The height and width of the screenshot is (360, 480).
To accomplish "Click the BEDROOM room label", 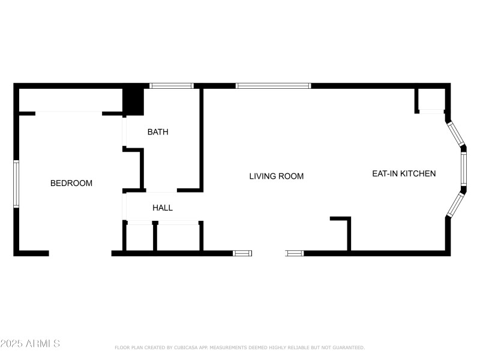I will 71,183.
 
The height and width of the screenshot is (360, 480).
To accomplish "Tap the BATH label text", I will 158,132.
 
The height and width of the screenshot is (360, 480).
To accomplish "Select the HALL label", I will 163,208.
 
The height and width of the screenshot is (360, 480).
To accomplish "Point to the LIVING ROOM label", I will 276,176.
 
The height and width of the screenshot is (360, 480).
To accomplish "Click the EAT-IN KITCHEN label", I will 404,173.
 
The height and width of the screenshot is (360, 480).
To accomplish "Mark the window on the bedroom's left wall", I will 16,184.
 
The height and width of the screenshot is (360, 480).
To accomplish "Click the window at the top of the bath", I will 171,86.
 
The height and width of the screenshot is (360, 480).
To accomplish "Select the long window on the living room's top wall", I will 273,86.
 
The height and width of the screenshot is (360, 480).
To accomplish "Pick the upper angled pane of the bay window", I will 456,135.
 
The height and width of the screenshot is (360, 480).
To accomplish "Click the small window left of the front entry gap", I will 242,253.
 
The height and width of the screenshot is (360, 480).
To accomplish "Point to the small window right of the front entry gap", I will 295,253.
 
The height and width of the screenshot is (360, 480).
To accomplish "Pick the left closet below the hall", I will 140,237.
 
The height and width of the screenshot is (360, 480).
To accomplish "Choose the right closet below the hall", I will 178,237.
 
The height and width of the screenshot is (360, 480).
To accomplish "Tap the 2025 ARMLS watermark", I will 30,344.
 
